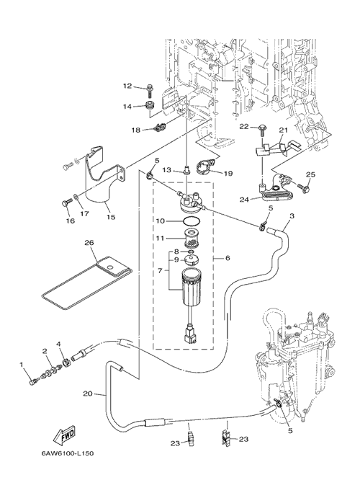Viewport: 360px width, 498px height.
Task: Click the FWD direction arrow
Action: [x=64, y=435]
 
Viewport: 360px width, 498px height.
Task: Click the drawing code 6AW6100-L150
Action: [x=68, y=453]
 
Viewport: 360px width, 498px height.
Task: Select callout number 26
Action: [x=89, y=243]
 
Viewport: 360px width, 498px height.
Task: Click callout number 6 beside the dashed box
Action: [x=228, y=258]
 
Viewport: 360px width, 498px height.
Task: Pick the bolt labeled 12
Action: [x=150, y=91]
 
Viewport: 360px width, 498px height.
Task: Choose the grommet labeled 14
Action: [x=149, y=105]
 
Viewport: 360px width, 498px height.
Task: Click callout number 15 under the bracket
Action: [x=111, y=217]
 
